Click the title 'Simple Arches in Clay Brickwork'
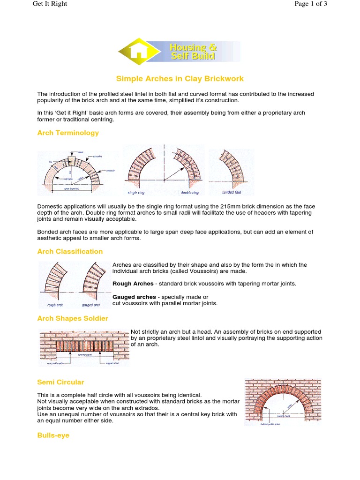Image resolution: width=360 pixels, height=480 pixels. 180,79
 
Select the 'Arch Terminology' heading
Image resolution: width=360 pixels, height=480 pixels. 68,133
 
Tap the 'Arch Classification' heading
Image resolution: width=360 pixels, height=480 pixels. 70,251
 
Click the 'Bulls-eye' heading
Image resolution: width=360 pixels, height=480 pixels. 53,435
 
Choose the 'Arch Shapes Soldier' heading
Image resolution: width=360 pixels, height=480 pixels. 73,318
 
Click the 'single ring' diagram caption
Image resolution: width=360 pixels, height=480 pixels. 137,193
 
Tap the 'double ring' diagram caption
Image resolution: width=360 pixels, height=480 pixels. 189,193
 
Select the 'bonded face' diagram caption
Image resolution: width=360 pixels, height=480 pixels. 232,192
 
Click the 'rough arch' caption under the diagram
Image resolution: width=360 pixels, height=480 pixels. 55,305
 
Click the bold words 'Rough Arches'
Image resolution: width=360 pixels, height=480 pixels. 133,284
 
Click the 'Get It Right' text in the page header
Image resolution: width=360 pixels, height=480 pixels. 50,4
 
